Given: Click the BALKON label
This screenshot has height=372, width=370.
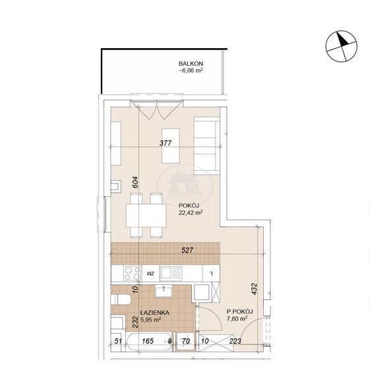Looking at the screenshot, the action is (x=191, y=63).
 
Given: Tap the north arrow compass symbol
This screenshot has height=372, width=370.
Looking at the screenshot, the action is (x=342, y=46).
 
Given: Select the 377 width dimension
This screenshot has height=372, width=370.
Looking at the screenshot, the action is (x=166, y=143).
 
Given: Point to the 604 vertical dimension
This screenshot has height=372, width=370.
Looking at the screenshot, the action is (x=135, y=182).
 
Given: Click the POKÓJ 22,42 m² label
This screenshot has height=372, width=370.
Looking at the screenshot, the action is (x=191, y=209).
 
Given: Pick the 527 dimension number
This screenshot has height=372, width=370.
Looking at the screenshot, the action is (x=187, y=250).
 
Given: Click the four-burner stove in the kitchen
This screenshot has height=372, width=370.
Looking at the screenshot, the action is (x=133, y=273).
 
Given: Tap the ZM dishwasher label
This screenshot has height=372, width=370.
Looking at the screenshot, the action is (x=150, y=273).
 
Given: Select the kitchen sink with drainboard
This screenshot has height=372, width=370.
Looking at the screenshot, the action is (x=171, y=273).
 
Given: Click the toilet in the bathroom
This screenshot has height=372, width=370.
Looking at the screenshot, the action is (x=121, y=299).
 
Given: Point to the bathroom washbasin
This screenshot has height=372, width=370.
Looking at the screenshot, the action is (x=164, y=291).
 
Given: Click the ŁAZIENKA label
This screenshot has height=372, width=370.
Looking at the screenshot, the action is (x=154, y=313).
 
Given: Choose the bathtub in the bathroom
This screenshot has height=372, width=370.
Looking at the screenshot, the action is (x=149, y=342).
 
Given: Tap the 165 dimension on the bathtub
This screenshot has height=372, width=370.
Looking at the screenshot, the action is (x=148, y=341).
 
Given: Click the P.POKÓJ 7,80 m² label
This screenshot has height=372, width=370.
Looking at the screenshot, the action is (x=239, y=315).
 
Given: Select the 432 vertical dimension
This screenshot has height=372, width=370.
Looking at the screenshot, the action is (x=254, y=289).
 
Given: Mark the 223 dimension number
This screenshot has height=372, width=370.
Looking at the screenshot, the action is (x=235, y=341).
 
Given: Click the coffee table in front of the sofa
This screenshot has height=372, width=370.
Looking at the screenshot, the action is (x=171, y=146).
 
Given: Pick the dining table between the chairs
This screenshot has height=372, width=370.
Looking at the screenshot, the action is (x=146, y=216).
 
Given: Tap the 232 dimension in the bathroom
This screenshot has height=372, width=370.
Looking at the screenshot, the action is (x=135, y=322).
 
